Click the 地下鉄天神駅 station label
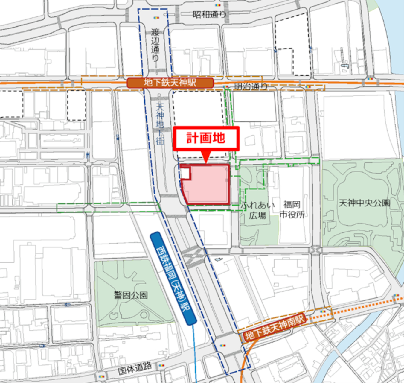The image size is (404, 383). tap(170, 83)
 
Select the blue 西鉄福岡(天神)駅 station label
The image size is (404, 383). tap(173, 278)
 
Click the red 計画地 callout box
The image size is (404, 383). tap(206, 138)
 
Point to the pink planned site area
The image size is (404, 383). tap(209, 186)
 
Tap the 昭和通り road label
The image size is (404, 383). tap(209, 14)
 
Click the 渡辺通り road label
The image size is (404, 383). tap(155, 45)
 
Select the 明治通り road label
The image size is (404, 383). tap(251, 86)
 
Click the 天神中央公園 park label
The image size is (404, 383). tap(364, 203)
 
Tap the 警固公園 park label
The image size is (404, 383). tap(131, 295)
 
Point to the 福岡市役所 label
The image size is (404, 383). tap(292, 209)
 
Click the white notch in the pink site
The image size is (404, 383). tap(185, 173)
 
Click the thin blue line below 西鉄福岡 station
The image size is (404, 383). tap(194, 353)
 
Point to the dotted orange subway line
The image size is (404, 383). tap(359, 308)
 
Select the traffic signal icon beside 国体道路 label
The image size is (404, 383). tap(162, 365)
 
